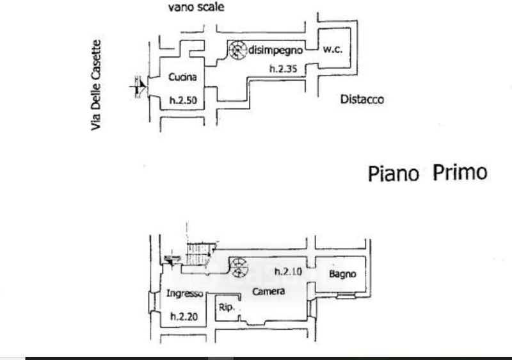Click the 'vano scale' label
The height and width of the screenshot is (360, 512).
click(196, 7)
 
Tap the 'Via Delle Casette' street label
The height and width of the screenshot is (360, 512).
click(96, 85)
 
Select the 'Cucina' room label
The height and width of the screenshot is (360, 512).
click(182, 77)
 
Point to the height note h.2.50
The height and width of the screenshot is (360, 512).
click(183, 100)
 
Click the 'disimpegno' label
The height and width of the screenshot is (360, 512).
click(276, 51)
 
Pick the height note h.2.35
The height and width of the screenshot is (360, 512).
click(283, 69)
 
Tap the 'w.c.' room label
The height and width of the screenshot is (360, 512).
click(332, 49)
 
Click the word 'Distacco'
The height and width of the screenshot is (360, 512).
click(362, 99)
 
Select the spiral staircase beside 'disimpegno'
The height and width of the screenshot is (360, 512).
click(237, 50)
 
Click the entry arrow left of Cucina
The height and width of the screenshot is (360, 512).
click(138, 86)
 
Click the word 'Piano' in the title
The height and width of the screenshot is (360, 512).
click(394, 174)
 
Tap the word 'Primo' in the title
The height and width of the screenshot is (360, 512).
click(460, 172)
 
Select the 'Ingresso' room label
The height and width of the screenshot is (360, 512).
click(184, 293)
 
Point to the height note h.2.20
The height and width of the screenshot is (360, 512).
click(184, 316)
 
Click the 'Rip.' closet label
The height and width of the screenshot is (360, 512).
click(227, 307)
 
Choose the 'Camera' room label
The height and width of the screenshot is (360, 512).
click(268, 291)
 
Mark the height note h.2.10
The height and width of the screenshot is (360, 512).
click(289, 272)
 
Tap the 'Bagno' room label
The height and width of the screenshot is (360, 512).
click(342, 274)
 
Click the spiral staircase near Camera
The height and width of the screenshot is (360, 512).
click(238, 267)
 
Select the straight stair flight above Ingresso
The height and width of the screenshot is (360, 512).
click(200, 254)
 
